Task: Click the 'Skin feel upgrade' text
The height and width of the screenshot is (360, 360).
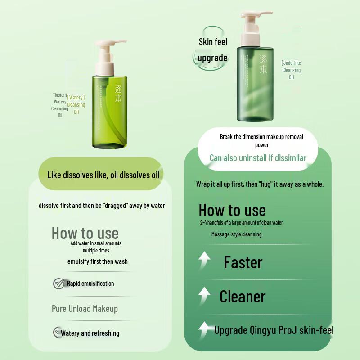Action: (213, 50)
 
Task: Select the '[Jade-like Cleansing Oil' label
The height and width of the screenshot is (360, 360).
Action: (291, 70)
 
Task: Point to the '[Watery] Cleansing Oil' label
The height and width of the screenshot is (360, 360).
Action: (76, 104)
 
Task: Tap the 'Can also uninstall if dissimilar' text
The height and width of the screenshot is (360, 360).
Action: (258, 157)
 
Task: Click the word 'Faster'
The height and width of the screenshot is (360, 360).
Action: (243, 262)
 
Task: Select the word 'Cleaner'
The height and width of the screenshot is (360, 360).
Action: (243, 297)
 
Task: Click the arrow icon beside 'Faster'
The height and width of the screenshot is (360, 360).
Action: (205, 261)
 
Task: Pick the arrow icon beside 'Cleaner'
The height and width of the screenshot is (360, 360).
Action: (205, 296)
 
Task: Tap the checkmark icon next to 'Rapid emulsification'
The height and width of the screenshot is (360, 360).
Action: (58, 283)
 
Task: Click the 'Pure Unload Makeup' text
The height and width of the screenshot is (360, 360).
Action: (85, 309)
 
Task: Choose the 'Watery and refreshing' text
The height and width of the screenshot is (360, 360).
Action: (90, 333)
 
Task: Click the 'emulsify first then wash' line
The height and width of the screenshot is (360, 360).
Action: (97, 261)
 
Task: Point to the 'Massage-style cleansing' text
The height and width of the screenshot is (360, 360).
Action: (236, 234)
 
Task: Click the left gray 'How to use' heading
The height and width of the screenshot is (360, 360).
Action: (85, 233)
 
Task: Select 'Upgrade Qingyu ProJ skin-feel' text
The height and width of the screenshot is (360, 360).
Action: (274, 330)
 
